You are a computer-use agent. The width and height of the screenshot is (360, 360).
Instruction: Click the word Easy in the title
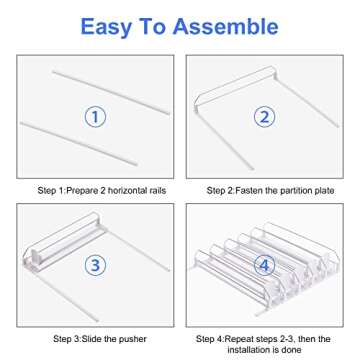[x=106, y=27]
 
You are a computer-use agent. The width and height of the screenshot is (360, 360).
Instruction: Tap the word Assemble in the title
[x=225, y=26]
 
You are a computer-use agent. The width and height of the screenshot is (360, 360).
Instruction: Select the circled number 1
[x=95, y=117]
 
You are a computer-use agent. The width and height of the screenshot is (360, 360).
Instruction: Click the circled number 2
[x=264, y=117]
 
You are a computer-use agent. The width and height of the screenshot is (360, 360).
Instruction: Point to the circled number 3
[x=95, y=265]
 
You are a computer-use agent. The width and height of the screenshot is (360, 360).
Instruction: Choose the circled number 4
[x=264, y=265]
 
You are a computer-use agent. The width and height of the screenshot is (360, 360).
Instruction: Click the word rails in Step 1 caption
[x=158, y=191]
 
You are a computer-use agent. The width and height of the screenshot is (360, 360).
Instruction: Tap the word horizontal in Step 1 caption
[x=128, y=191]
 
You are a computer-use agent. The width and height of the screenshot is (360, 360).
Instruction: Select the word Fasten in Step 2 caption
[x=247, y=191]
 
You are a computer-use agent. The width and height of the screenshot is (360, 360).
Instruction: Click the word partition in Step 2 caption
[x=295, y=191]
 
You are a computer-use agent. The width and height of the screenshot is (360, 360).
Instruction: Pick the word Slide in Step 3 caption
[x=93, y=339]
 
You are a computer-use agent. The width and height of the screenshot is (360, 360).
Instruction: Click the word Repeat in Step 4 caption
[x=238, y=339]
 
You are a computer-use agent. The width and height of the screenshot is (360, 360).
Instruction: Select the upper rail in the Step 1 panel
[x=111, y=93]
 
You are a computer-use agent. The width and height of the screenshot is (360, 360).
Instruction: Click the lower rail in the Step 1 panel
[x=79, y=144]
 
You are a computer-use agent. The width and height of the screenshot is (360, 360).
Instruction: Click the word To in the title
[x=152, y=27]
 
